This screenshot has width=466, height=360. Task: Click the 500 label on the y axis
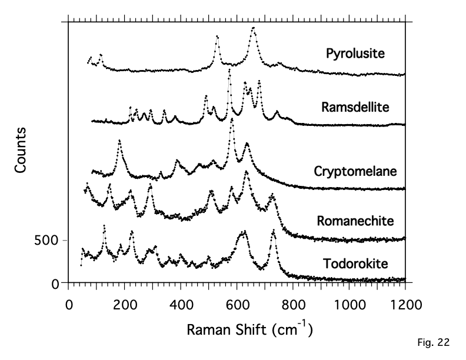click(x=45, y=240)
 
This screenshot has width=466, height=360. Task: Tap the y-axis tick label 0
click(x=55, y=284)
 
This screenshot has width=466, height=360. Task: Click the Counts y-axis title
click(x=21, y=149)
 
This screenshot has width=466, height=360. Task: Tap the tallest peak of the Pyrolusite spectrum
click(x=254, y=28)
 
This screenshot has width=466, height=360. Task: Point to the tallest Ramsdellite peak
click(x=229, y=69)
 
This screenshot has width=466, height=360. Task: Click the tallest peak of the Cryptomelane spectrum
click(x=232, y=119)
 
